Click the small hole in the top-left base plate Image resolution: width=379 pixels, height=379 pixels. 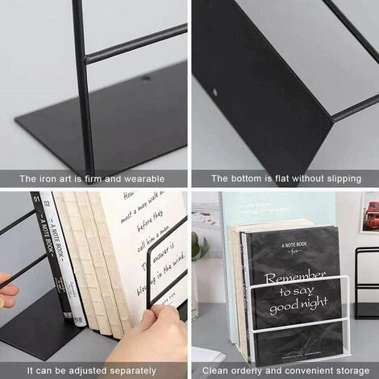pyautogui.click(x=145, y=79)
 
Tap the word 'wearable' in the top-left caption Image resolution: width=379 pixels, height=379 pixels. pyautogui.click(x=144, y=178)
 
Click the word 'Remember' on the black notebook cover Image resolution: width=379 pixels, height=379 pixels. pyautogui.click(x=295, y=275)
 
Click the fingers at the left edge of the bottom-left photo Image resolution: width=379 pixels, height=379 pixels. pyautogui.click(x=7, y=289)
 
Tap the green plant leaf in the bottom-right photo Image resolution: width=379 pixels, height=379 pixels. pyautogui.click(x=197, y=246)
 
